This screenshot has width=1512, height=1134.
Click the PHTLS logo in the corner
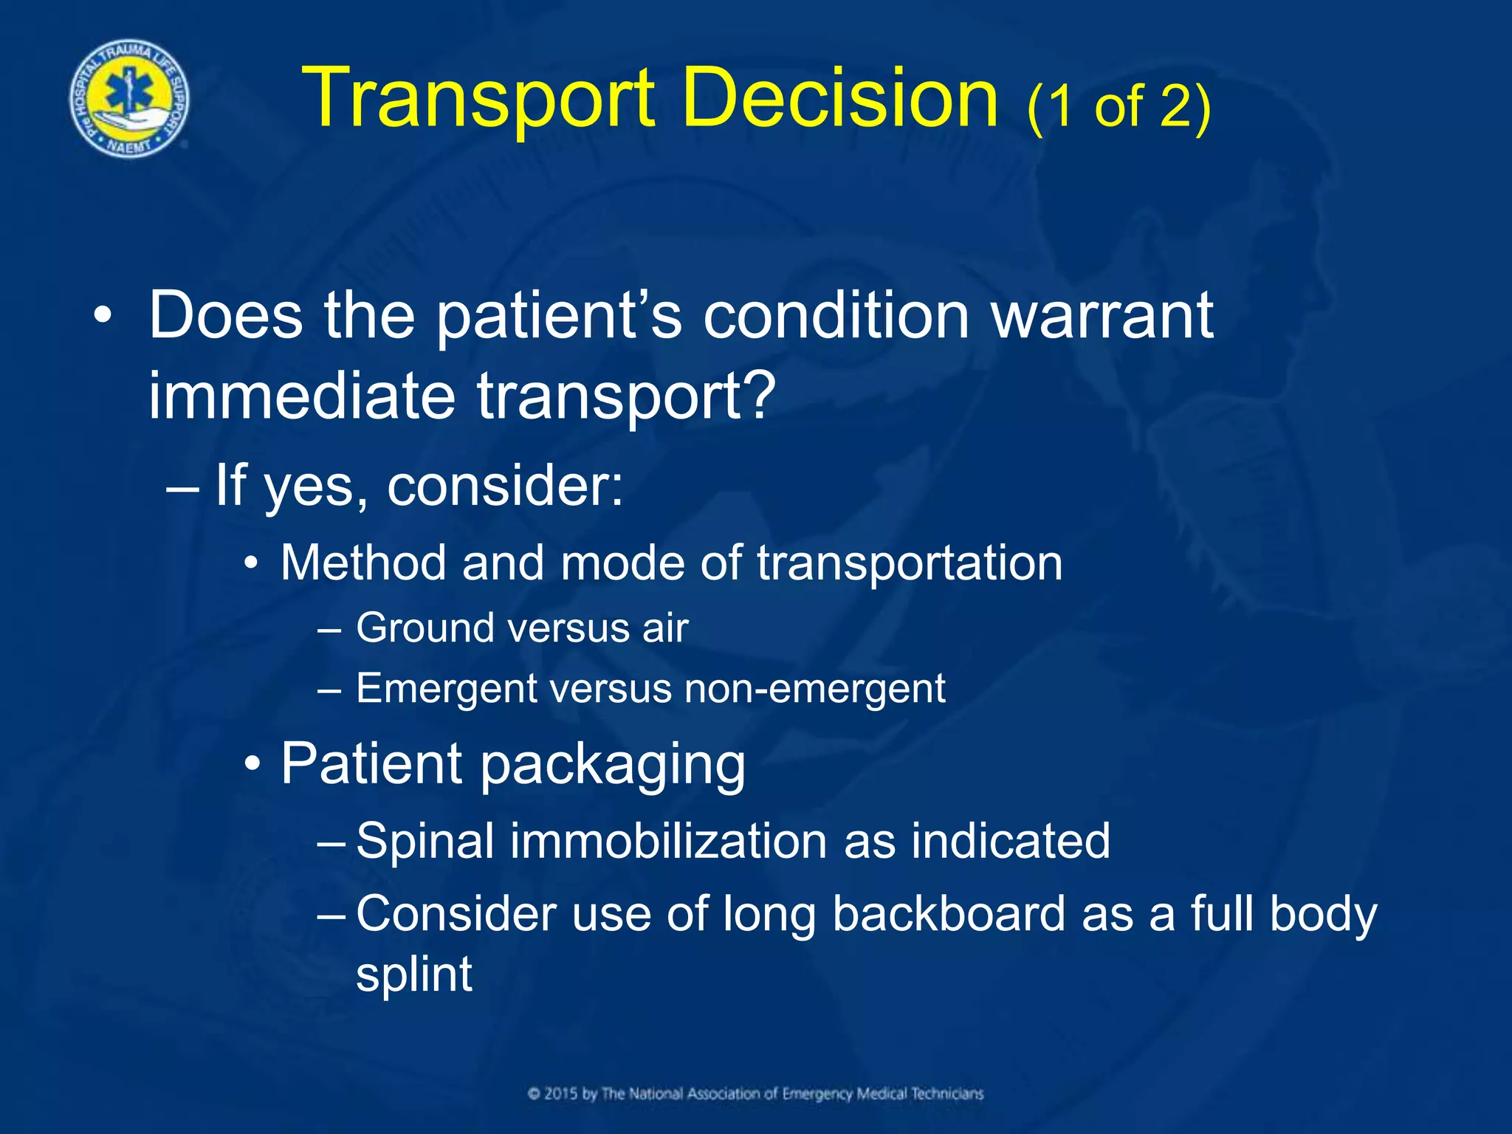pyautogui.click(x=129, y=99)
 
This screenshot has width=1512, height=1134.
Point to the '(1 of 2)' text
pyautogui.click(x=1118, y=107)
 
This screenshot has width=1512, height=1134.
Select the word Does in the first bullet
pyautogui.click(x=226, y=316)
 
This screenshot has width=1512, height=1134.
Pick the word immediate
pyautogui.click(x=301, y=396)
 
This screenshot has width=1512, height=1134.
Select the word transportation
pyautogui.click(x=910, y=563)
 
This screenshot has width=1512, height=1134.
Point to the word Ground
pyautogui.click(x=425, y=628)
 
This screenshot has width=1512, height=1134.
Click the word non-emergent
pyautogui.click(x=814, y=689)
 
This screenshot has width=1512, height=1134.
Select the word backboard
pyautogui.click(x=949, y=914)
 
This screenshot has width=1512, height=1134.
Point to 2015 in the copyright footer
pyautogui.click(x=561, y=1094)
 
